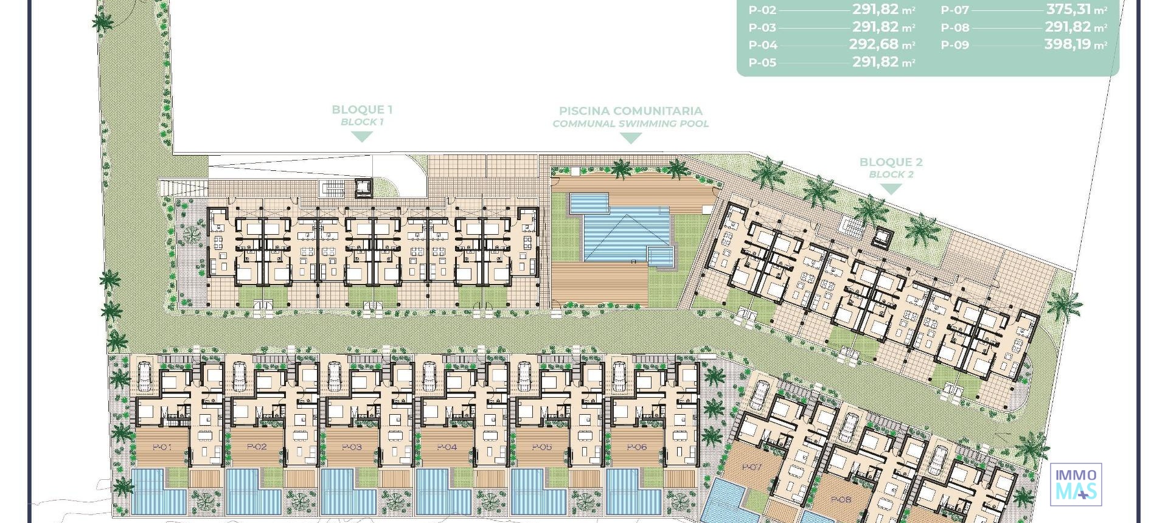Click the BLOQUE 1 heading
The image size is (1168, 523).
[362, 109]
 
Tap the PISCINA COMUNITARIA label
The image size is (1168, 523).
[630, 111]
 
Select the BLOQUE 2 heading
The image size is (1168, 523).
[891, 162]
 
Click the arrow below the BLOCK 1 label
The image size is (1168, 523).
[362, 137]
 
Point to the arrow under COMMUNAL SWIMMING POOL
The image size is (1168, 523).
[630, 138]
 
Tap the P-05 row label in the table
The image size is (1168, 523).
[762, 62]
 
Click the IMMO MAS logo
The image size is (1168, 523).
[1076, 485]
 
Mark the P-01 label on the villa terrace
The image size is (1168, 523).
[162, 447]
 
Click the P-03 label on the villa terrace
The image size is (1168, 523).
[352, 447]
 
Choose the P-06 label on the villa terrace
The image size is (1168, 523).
[636, 447]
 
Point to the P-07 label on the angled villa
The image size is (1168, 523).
[752, 467]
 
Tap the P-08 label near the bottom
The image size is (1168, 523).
[841, 500]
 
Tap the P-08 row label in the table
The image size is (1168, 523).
[954, 27]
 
